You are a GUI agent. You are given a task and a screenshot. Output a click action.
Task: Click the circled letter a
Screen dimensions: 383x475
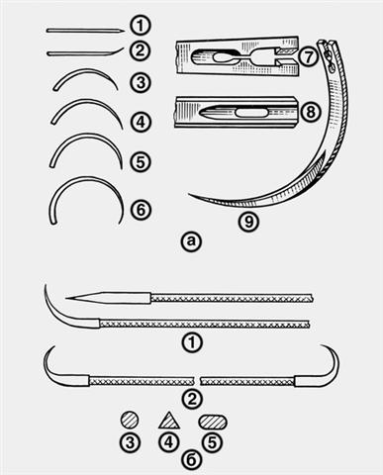pos(191,241)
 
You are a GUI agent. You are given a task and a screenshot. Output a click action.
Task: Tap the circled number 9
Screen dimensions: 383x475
pos(249,222)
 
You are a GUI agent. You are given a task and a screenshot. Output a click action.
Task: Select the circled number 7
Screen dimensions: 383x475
pos(308,56)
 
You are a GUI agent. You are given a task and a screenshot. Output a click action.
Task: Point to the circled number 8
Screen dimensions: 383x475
pos(310,112)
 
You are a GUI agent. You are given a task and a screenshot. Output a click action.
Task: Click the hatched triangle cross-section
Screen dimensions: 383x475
pos(169,422)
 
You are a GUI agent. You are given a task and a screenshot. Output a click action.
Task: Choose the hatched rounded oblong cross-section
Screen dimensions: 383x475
pos(213,422)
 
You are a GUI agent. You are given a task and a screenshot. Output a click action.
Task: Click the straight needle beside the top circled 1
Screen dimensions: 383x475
pos(85,31)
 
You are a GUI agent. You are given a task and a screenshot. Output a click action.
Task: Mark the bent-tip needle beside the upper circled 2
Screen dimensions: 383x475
pos(85,52)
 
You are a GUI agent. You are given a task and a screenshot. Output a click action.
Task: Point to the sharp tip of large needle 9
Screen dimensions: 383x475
pos(189,194)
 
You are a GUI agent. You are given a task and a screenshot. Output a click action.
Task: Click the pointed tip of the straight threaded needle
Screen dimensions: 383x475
pos(66,299)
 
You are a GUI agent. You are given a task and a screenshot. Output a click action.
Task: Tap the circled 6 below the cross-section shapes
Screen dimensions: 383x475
pos(192,458)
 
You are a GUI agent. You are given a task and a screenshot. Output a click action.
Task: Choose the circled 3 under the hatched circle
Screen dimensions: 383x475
pos(130,442)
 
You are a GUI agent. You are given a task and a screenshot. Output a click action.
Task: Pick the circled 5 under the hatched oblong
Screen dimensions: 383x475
pos(213,442)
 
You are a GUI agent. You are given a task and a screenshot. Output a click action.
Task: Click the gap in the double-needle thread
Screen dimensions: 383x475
pos(197,381)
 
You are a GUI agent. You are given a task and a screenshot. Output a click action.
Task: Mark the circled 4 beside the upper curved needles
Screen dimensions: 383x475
pos(141,123)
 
